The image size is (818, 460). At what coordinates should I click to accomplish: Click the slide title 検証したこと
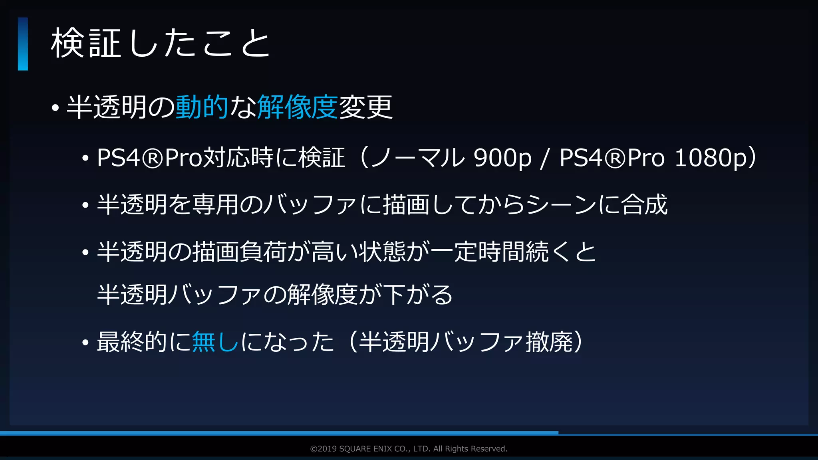pyautogui.click(x=161, y=43)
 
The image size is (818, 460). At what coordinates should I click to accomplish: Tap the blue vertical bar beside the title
pyautogui.click(x=23, y=44)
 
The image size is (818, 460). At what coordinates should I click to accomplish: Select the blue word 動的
pyautogui.click(x=202, y=107)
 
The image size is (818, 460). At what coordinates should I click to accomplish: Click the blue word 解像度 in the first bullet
pyautogui.click(x=298, y=107)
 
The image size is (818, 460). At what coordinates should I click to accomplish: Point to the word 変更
pyautogui.click(x=366, y=107)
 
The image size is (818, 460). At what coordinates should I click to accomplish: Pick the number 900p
pyautogui.click(x=502, y=158)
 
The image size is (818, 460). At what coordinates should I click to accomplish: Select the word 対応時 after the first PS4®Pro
pyautogui.click(x=238, y=158)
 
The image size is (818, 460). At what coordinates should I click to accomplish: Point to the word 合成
pyautogui.click(x=644, y=204)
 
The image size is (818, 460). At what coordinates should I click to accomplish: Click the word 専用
pyautogui.click(x=215, y=204)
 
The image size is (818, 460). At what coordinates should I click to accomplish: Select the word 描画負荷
pyautogui.click(x=239, y=252)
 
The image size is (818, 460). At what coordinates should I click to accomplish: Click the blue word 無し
pyautogui.click(x=215, y=342)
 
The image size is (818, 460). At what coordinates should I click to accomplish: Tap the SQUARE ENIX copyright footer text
pyautogui.click(x=409, y=449)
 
